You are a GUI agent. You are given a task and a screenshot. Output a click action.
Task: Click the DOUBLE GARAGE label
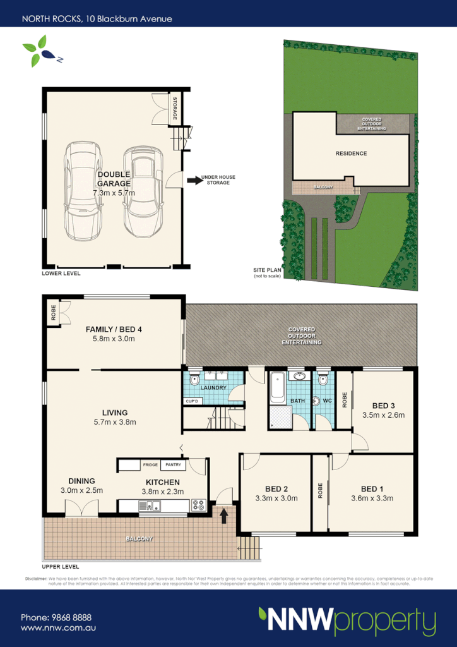tap(114, 179)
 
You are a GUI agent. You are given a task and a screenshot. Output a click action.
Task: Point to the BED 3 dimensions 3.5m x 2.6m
tap(384, 415)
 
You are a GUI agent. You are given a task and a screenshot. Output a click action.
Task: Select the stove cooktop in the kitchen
tap(199, 505)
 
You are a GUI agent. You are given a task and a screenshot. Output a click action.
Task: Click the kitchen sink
tap(150, 505)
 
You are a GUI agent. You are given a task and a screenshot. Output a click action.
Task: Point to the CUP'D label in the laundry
tap(192, 401)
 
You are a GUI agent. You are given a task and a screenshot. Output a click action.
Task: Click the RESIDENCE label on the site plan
tap(350, 154)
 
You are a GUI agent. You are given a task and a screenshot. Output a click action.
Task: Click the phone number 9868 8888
tap(57, 617)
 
